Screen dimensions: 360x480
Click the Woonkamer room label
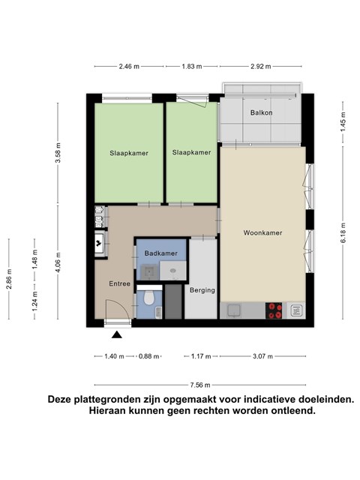click(262, 232)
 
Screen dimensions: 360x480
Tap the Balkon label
click(261, 112)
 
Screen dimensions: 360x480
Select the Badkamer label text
click(160, 253)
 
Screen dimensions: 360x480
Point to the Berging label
click(202, 290)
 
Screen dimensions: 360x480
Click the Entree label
click(120, 283)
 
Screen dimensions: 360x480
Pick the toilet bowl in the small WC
click(148, 298)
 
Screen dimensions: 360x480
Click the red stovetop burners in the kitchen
click(274, 310)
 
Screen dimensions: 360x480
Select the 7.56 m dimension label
click(200, 385)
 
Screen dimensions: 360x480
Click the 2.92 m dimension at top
click(261, 67)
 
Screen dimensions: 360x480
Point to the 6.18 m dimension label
click(343, 232)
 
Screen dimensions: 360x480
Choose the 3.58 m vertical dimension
click(58, 153)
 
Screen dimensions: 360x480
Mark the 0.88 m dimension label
click(148, 356)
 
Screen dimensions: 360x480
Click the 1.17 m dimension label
click(201, 356)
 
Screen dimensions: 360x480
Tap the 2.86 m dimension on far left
click(8, 279)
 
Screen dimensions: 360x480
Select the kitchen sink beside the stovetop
click(234, 310)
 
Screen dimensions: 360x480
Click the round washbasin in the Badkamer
click(173, 271)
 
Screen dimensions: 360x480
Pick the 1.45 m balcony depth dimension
click(343, 121)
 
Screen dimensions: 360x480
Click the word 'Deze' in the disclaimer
click(59, 400)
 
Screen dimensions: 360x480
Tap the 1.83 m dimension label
click(192, 67)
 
